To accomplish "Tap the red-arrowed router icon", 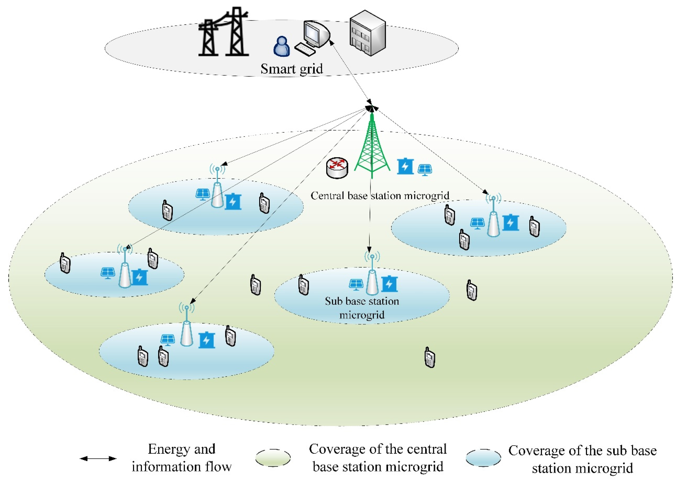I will point(337,168).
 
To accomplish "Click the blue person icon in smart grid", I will point(281,47).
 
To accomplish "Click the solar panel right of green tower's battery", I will point(425,170).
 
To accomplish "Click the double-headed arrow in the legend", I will point(98,458).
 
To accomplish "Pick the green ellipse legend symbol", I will point(273,458).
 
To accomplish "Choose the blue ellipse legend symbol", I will point(483,458).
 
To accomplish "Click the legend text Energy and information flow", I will point(182,458).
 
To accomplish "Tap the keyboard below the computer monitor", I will point(305,49).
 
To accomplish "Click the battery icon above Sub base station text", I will point(389,284).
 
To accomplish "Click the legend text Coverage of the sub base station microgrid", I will point(582,459).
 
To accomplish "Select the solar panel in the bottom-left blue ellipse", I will point(167,340).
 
